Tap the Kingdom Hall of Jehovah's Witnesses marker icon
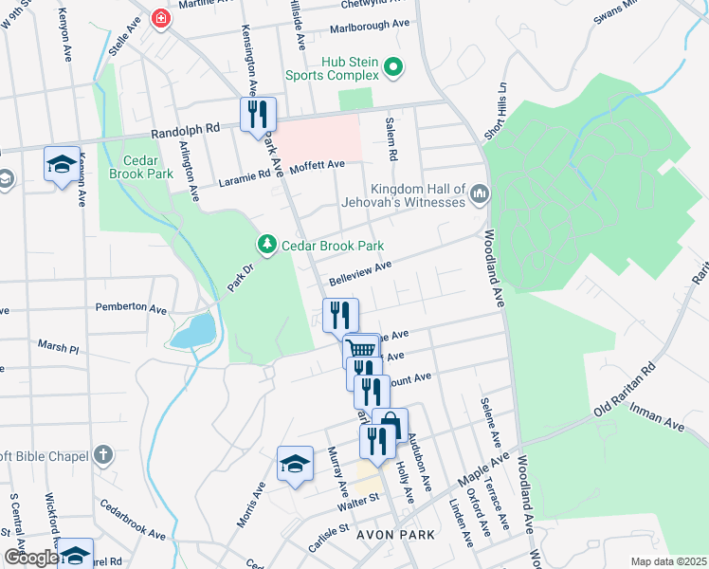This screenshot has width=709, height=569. [x=479, y=194]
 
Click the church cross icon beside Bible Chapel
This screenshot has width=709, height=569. [x=103, y=455]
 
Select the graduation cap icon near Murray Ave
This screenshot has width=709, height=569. [x=295, y=464]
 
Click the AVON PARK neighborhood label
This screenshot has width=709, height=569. [x=394, y=535]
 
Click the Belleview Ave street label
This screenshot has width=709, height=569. [x=360, y=273]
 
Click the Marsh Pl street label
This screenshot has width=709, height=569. [x=58, y=347]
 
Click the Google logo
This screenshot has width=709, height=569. [x=30, y=557]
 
